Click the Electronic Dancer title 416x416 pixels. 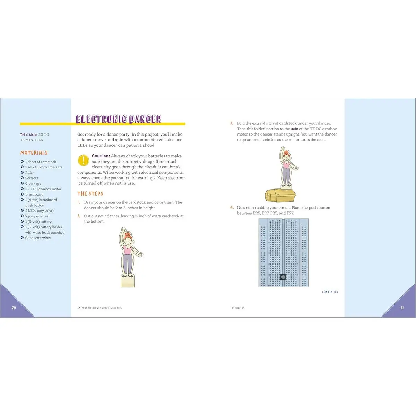pyautogui.click(x=119, y=119)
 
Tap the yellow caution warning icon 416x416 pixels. pyautogui.click(x=83, y=160)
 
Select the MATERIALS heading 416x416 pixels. pyautogui.click(x=34, y=153)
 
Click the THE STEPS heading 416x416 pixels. pyautogui.click(x=90, y=194)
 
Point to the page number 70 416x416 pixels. pyautogui.click(x=14, y=308)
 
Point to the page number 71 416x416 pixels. pyautogui.click(x=402, y=308)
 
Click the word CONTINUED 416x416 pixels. pyautogui.click(x=330, y=292)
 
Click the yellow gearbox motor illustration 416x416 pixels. pyautogui.click(x=280, y=194)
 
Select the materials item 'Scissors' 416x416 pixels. pyautogui.click(x=32, y=178)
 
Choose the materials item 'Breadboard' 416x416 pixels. pyautogui.click(x=34, y=194)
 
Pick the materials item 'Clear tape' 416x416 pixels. pyautogui.click(x=33, y=184)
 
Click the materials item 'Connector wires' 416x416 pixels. pyautogui.click(x=38, y=238)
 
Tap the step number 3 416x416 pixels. pyautogui.click(x=232, y=123)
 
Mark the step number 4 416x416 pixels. pyautogui.click(x=232, y=208)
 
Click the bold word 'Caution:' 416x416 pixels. pyautogui.click(x=101, y=156)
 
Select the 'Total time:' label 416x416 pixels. pyautogui.click(x=28, y=135)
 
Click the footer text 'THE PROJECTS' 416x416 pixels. pyautogui.click(x=237, y=308)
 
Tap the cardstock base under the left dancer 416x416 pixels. pyautogui.click(x=127, y=281)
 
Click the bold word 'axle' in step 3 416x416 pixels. pyautogui.click(x=294, y=129)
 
